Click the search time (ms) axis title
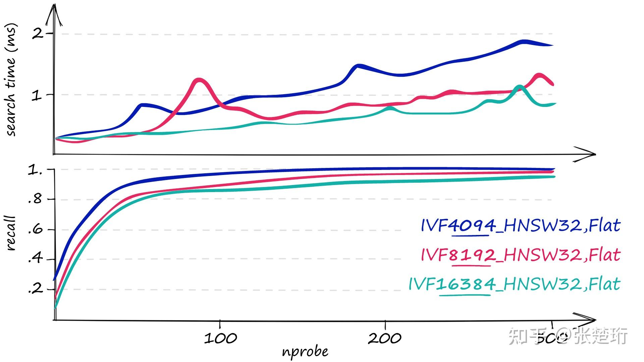(11, 80)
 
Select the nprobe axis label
(305, 352)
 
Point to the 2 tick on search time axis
(38, 34)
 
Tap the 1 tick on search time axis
(37, 96)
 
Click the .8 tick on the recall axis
(35, 199)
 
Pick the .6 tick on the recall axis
(35, 230)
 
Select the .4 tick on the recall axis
(35, 258)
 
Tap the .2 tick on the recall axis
(35, 288)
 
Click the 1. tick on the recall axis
(35, 170)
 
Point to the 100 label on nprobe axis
(220, 338)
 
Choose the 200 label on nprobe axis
(385, 338)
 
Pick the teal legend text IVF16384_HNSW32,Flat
(514, 284)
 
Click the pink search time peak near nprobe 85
(199, 80)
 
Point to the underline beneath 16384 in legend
(465, 295)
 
